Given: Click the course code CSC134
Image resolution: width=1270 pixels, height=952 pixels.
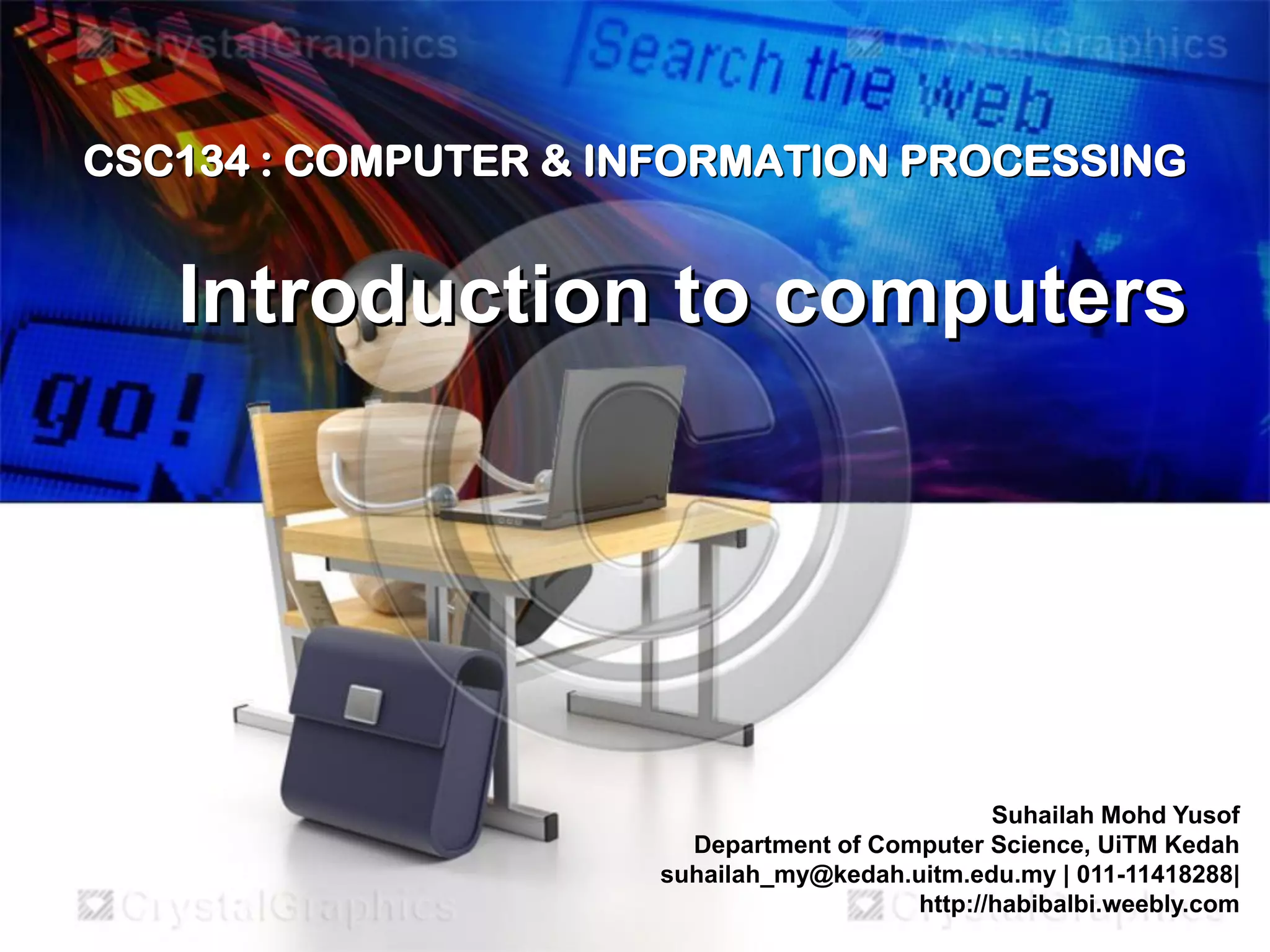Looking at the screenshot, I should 166,161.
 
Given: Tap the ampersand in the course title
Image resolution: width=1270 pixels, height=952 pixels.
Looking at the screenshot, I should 556,161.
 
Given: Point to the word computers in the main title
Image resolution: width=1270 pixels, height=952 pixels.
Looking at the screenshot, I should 980,297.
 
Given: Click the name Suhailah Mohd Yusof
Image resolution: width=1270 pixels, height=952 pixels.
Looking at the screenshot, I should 1115,815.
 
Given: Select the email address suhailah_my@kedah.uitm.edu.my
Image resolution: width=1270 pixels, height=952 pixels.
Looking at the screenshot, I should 858,875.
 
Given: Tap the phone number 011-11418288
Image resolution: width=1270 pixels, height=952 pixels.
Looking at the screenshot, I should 1154,875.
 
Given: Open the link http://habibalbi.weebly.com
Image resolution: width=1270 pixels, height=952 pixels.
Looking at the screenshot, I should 1079,904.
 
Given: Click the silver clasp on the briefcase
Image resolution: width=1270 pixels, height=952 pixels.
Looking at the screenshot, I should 363,704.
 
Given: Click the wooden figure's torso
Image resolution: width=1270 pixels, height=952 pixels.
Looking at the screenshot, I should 397,446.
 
